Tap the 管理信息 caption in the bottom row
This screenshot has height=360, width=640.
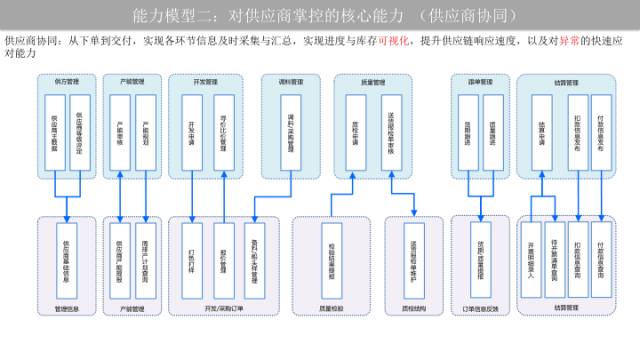tap(67, 309)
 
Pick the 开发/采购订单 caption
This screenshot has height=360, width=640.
tap(222, 309)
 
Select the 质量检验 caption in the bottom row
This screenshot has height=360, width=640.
tap(332, 309)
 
